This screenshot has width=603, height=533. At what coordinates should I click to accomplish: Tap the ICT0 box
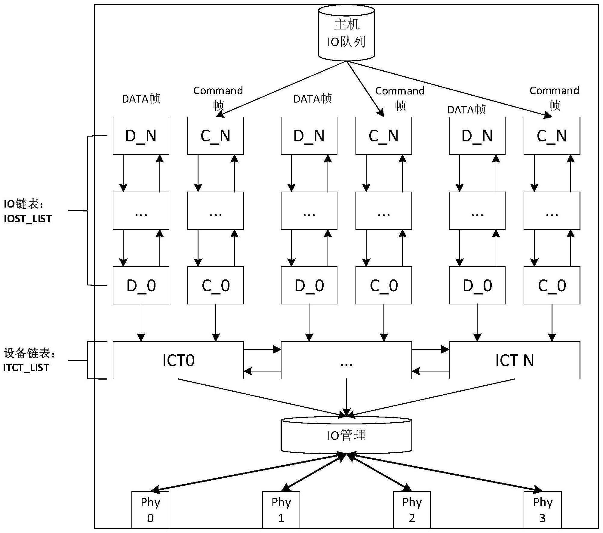pyautogui.click(x=178, y=360)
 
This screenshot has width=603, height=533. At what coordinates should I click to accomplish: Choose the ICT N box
pyautogui.click(x=514, y=360)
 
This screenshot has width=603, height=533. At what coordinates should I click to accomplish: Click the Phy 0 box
pyautogui.click(x=150, y=510)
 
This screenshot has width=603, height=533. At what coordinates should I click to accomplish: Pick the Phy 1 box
pyautogui.click(x=281, y=510)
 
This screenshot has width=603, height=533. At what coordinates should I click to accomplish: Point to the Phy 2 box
pyautogui.click(x=412, y=510)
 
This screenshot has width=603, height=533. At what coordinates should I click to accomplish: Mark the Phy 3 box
pyautogui.click(x=543, y=510)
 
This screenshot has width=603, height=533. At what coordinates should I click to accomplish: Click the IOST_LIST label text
pyautogui.click(x=28, y=219)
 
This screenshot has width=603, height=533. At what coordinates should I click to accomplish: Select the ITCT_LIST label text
pyautogui.click(x=26, y=368)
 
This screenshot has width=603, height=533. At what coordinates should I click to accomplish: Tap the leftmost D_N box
pyautogui.click(x=141, y=136)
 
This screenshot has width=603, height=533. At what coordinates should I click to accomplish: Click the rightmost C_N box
pyautogui.click(x=552, y=136)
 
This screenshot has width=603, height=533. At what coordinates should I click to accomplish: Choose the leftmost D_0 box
pyautogui.click(x=141, y=285)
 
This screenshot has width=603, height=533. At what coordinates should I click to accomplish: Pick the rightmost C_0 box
pyautogui.click(x=552, y=285)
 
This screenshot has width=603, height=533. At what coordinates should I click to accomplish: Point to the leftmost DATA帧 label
pyautogui.click(x=141, y=99)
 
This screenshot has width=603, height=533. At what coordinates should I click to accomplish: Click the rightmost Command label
pyautogui.click(x=554, y=91)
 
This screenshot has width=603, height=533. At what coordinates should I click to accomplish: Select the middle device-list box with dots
pyautogui.click(x=346, y=360)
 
